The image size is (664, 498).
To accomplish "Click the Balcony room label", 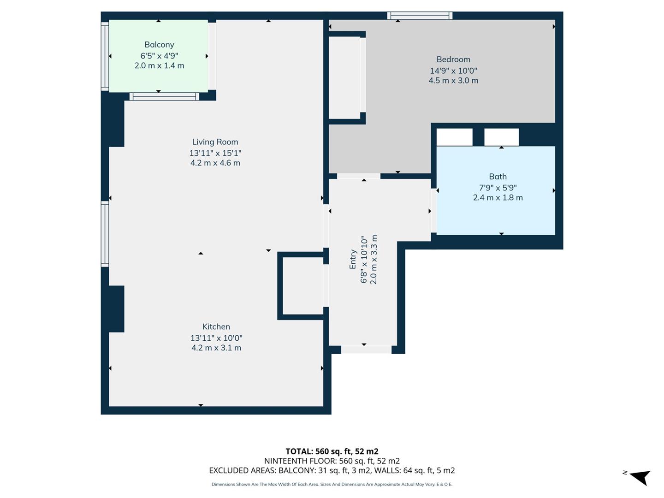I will pos(159,45).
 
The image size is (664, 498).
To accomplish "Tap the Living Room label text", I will pos(215,142).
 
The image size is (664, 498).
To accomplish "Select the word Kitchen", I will pos(216,326).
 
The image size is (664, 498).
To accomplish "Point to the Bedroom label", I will pos(453,59).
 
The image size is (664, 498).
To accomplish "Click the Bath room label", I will pos(498,177).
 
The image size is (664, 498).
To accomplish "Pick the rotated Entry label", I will pos(353,259).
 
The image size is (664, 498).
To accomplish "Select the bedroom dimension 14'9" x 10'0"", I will pos(453,71).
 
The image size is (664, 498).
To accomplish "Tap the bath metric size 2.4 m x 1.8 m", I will pos(498,198).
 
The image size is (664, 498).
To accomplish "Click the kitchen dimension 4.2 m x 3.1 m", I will pos(216,348).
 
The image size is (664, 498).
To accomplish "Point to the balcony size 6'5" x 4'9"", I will pos(159,56).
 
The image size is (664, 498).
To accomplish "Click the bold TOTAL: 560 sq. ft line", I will pos(332,451).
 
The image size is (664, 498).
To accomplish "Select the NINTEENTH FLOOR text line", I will pos(332,461).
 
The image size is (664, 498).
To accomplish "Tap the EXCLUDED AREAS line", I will pos(332,471).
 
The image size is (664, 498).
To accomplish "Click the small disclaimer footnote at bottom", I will pos(332,484).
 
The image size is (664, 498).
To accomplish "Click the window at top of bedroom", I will pos(420,16).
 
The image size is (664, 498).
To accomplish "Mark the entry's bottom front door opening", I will pos(366,350).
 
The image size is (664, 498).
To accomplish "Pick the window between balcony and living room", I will pos(164,96).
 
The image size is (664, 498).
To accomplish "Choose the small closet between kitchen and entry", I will pos(302,286).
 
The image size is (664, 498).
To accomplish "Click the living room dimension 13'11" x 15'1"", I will pos(215,153).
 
